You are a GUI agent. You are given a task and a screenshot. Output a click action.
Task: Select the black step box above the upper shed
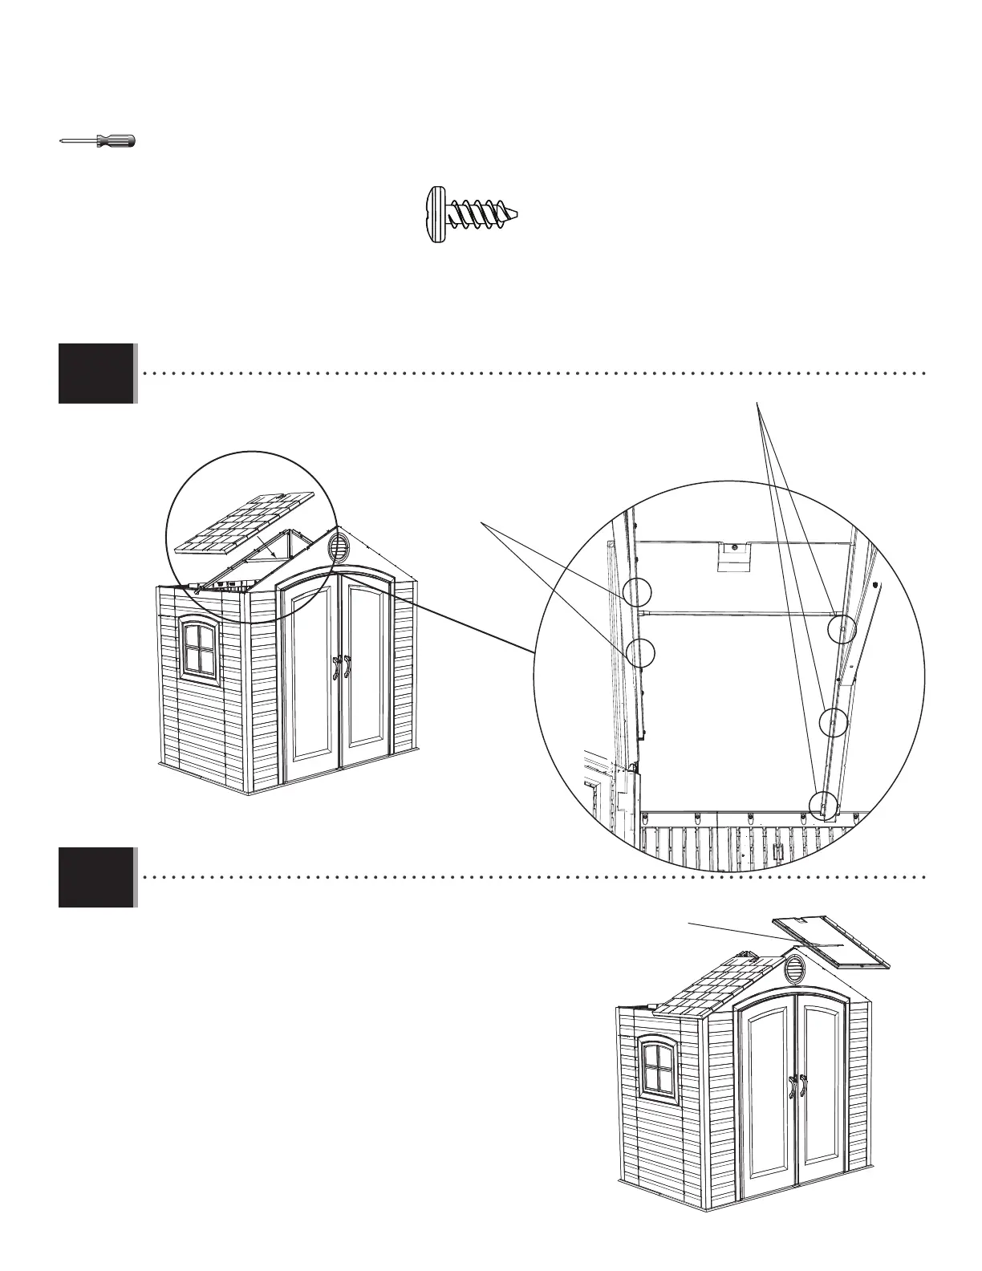coord(96,373)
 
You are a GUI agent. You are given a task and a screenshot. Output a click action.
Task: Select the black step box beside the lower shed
coord(96,877)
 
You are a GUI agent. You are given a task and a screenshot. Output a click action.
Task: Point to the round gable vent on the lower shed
coord(796,968)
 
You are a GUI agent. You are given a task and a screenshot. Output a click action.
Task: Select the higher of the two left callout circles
coord(636,592)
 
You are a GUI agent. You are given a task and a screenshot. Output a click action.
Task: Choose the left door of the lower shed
coord(768,1092)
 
